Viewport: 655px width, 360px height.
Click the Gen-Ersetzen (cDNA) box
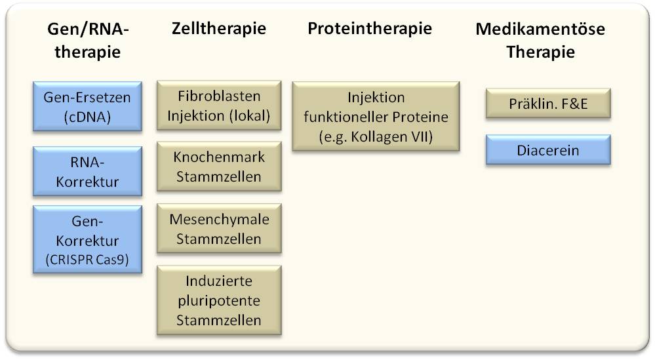(87, 106)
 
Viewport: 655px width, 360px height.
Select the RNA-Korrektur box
(87, 171)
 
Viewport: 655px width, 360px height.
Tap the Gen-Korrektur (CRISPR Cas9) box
(87, 240)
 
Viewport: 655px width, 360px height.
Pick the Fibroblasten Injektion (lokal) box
(219, 105)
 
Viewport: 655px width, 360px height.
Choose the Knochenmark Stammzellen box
(219, 167)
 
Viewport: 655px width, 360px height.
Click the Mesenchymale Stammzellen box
(219, 228)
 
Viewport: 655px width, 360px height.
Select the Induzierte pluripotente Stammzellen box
(219, 300)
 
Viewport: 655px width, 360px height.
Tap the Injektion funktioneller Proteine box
(376, 116)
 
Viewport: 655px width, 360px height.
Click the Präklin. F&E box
(548, 103)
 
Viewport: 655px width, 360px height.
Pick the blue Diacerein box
(548, 150)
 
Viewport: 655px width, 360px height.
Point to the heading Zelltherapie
(219, 28)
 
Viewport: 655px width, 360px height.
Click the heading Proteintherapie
(370, 28)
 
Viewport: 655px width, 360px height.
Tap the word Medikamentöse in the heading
(540, 29)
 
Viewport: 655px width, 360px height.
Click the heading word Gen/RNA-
(88, 30)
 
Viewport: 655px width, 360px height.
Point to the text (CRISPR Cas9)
(87, 260)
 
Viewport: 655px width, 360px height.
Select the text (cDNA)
(87, 117)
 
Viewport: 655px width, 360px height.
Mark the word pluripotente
(219, 301)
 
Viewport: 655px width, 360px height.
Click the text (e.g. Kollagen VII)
(376, 136)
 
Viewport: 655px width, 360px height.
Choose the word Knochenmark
(219, 157)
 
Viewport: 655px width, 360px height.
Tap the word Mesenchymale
(219, 219)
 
